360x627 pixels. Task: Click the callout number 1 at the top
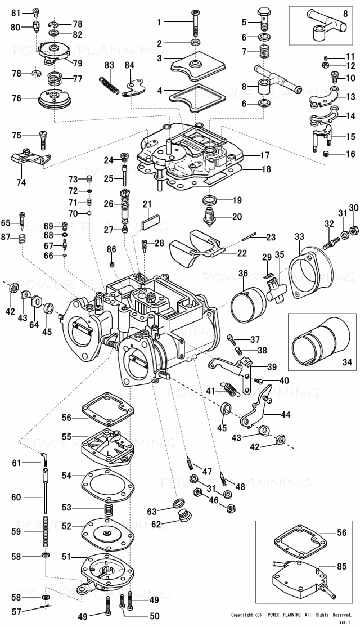pyautogui.click(x=159, y=22)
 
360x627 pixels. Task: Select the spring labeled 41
pyautogui.click(x=229, y=388)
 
